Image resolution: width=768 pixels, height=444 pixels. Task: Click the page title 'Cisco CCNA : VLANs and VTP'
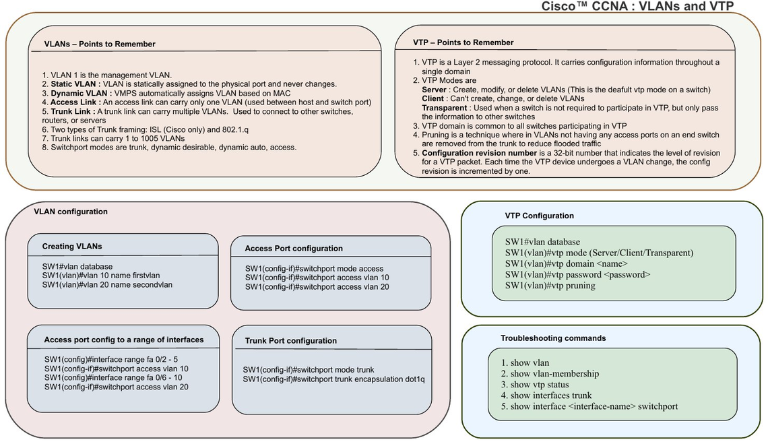pyautogui.click(x=637, y=6)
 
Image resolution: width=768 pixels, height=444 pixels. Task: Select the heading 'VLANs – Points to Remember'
pyautogui.click(x=100, y=44)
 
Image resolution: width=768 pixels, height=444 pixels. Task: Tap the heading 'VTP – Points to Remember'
pyautogui.click(x=463, y=42)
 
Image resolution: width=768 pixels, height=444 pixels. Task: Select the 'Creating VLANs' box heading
pyautogui.click(x=72, y=247)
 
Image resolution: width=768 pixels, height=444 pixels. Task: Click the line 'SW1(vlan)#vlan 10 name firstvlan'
pyautogui.click(x=101, y=276)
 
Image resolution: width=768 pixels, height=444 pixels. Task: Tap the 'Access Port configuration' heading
pyautogui.click(x=294, y=249)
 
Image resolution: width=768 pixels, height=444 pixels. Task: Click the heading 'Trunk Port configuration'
pyautogui.click(x=291, y=341)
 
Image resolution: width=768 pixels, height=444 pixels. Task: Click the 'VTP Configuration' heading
pyautogui.click(x=539, y=216)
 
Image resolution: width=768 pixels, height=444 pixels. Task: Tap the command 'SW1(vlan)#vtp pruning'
pyautogui.click(x=550, y=285)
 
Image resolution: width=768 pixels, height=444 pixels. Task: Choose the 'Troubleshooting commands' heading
pyautogui.click(x=553, y=338)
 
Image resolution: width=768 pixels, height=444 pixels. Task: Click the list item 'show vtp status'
pyautogui.click(x=535, y=385)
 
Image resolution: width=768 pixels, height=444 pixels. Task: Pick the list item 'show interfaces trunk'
pyautogui.click(x=546, y=395)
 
